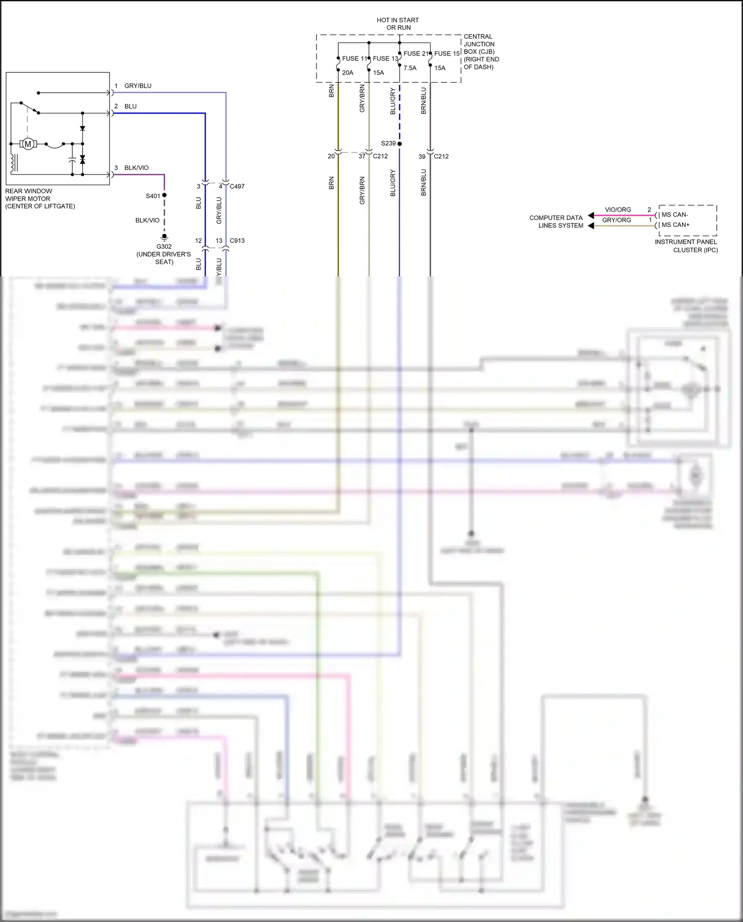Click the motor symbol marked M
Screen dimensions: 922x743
click(28, 144)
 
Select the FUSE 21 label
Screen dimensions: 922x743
click(416, 54)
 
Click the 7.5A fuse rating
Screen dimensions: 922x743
click(410, 68)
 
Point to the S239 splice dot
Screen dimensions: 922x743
click(400, 144)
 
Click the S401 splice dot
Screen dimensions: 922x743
click(164, 195)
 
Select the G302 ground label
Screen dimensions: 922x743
click(164, 246)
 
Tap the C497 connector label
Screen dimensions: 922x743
click(237, 186)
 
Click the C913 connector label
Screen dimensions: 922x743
click(237, 240)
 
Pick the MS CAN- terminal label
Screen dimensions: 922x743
click(675, 215)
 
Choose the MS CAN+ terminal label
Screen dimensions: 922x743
click(675, 224)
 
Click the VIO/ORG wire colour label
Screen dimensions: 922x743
click(618, 210)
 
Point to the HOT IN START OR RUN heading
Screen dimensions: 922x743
click(398, 24)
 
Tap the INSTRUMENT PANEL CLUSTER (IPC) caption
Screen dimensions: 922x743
click(686, 246)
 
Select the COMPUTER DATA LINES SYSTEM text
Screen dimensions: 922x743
click(556, 221)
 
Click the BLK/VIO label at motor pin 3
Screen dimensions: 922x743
click(136, 168)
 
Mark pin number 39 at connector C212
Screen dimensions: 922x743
click(422, 156)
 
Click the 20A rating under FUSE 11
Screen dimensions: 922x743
click(348, 73)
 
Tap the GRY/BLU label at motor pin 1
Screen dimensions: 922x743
click(138, 86)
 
